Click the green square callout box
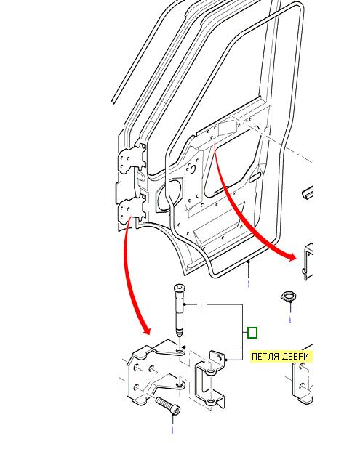252,333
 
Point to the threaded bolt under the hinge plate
168,405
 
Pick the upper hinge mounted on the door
132,159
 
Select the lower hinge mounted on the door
132,209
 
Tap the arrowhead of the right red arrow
291,256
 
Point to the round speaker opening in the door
169,195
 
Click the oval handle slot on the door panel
255,177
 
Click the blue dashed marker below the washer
290,320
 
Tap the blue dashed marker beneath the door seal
248,283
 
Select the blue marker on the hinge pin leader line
201,305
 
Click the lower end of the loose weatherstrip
113,101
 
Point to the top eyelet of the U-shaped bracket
210,371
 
